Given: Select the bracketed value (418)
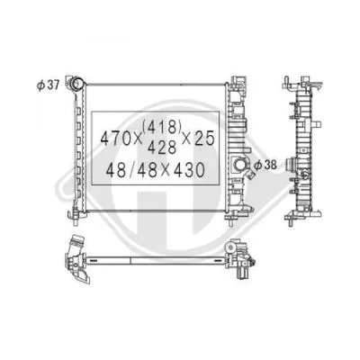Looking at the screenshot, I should (x=165, y=128).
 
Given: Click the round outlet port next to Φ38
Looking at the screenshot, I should (x=240, y=165).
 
